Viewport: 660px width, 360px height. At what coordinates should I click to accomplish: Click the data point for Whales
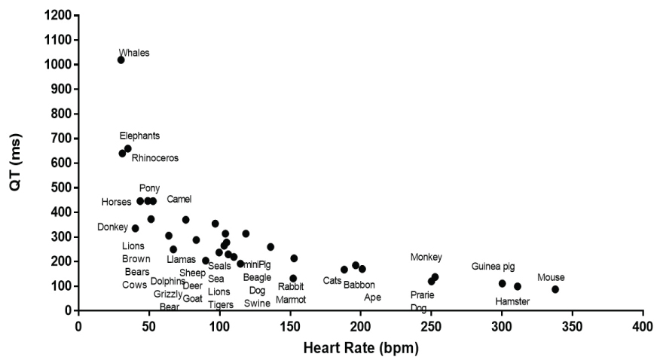(x=121, y=59)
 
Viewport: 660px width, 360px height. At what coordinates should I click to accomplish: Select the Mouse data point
(x=555, y=289)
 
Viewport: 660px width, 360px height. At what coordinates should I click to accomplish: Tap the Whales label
(x=134, y=53)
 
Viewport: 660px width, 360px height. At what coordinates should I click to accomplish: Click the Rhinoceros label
(x=156, y=158)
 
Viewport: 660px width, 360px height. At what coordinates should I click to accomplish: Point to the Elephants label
(x=139, y=136)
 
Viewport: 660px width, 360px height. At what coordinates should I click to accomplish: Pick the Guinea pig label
(x=493, y=266)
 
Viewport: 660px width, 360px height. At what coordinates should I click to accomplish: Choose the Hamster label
(x=512, y=301)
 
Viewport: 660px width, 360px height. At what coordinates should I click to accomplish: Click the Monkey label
(x=426, y=257)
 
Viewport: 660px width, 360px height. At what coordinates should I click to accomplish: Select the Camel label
(x=179, y=199)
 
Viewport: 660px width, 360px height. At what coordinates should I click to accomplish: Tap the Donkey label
(x=112, y=227)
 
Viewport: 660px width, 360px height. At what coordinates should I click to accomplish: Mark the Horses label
(x=117, y=202)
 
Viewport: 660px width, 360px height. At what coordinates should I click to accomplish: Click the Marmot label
(x=291, y=299)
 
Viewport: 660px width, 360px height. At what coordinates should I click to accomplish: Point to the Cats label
(x=332, y=280)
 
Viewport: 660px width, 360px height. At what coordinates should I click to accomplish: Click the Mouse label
(x=551, y=277)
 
